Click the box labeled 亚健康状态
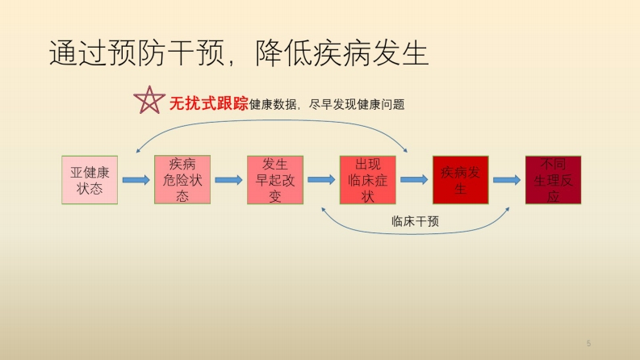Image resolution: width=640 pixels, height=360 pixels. [90, 180]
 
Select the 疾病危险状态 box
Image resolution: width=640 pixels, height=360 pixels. [182, 179]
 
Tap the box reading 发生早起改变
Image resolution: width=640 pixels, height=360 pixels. [275, 179]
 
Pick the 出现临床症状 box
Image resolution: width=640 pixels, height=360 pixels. [368, 179]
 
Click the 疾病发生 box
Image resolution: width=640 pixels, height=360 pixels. [460, 179]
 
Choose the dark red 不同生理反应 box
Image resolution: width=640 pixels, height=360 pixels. [553, 179]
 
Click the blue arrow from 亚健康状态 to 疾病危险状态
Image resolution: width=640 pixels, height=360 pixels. [136, 180]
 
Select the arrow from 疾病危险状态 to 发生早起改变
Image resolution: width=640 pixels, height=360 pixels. [229, 180]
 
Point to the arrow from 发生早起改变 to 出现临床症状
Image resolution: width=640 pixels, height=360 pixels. [322, 179]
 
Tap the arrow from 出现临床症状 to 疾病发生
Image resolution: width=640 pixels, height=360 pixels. [414, 179]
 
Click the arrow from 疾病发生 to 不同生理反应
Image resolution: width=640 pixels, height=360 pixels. [507, 179]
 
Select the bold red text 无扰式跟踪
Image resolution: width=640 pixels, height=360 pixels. [208, 103]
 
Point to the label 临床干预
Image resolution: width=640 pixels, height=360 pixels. [415, 222]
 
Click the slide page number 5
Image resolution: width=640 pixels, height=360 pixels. [588, 343]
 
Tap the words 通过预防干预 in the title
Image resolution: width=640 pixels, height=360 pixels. [137, 53]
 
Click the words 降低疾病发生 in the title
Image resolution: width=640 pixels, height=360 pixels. [342, 53]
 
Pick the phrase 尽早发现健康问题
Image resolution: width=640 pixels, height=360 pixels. [357, 104]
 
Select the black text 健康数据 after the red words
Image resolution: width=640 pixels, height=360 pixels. [273, 104]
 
